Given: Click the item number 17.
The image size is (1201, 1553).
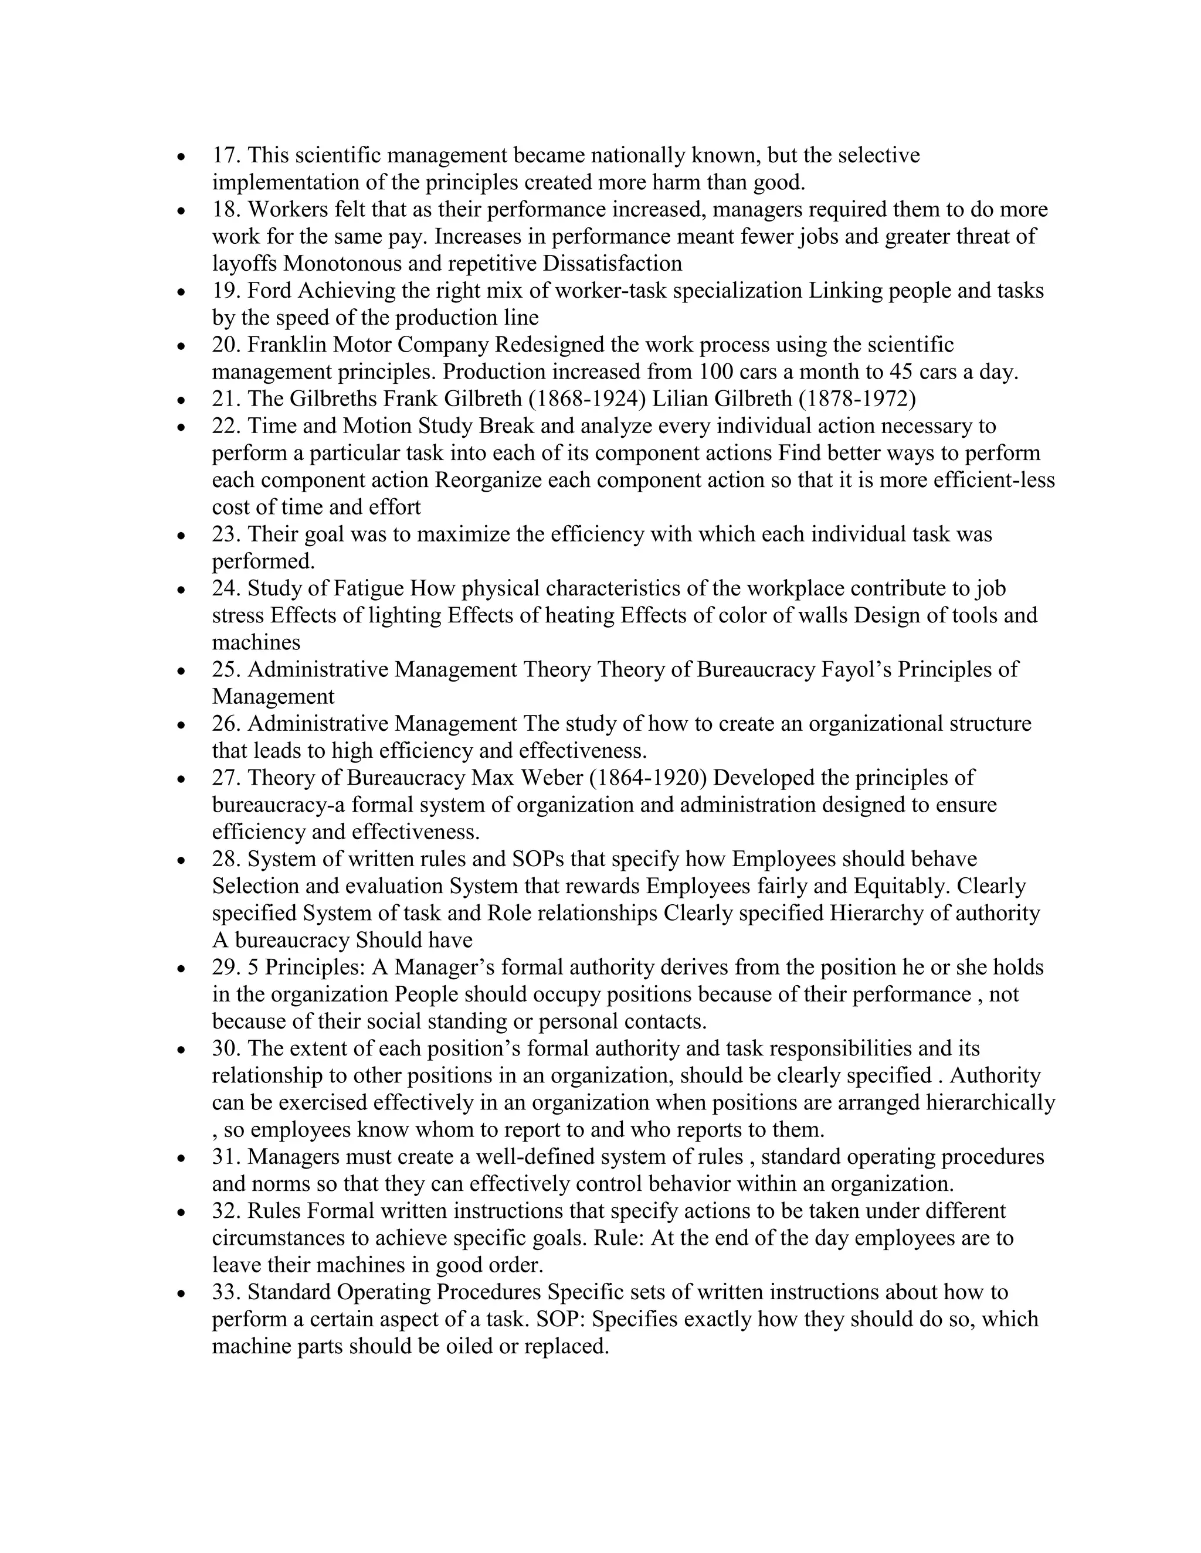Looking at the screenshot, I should pos(226,155).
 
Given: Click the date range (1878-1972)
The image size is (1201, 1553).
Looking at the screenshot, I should pos(857,399).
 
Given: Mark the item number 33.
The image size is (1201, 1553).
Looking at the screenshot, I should pos(226,1292).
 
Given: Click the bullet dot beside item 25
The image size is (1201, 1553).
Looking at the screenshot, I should pos(183,670).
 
